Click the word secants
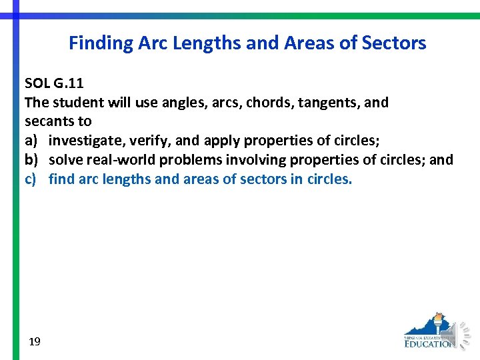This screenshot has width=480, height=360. point(48,122)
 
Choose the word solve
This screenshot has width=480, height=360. point(65,160)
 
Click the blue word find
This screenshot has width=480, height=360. point(61,179)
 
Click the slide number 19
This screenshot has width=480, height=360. point(35,342)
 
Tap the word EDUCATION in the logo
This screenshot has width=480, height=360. point(429,343)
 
